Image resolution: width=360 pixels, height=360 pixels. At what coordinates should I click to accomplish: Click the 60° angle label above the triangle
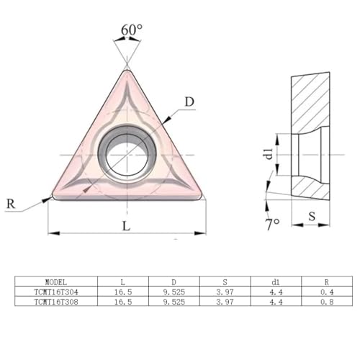click(132, 30)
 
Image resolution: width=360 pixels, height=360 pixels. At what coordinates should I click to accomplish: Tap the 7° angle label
click(273, 225)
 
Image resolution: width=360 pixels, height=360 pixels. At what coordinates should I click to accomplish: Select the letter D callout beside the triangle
click(189, 102)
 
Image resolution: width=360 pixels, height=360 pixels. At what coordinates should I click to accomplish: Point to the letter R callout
click(11, 204)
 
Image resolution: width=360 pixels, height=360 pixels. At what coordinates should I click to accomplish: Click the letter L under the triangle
click(127, 226)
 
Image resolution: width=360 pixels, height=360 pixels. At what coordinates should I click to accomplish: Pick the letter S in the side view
click(312, 217)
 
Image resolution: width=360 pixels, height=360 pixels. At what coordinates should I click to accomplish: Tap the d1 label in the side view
click(269, 154)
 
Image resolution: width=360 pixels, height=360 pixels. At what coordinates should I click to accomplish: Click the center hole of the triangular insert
click(127, 155)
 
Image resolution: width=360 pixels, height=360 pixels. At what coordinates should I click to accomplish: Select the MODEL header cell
click(56, 282)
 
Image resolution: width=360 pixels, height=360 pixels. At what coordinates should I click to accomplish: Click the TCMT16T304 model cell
click(56, 292)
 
